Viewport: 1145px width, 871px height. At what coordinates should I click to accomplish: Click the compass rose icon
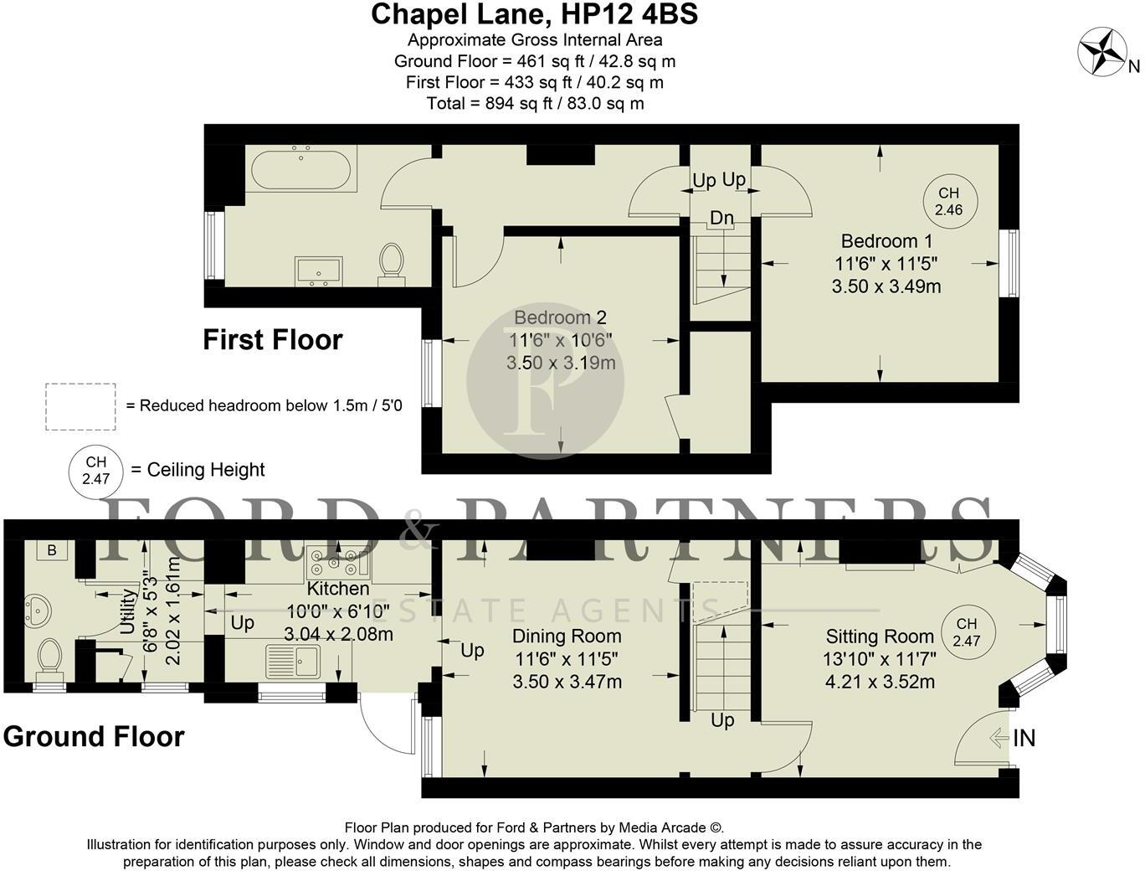(x=1101, y=51)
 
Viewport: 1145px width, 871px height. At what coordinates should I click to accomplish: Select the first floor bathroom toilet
(x=391, y=261)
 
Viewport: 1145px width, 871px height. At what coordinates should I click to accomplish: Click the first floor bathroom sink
(x=319, y=271)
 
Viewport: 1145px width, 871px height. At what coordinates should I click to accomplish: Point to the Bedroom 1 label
(x=880, y=241)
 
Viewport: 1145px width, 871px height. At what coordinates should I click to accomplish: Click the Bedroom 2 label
(x=560, y=318)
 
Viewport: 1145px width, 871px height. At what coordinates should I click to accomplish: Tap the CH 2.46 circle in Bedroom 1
(x=949, y=202)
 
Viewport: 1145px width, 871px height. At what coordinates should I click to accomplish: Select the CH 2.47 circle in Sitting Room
(x=967, y=631)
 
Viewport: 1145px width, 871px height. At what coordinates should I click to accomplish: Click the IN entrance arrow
(x=999, y=738)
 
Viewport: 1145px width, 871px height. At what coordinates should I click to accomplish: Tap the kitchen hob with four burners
(x=338, y=560)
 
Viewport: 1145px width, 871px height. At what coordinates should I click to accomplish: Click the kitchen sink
(x=293, y=661)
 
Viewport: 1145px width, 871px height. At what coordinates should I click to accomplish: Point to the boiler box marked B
(x=52, y=550)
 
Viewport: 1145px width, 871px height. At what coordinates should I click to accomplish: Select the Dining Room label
(x=567, y=636)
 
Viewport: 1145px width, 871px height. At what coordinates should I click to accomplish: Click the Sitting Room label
(x=879, y=636)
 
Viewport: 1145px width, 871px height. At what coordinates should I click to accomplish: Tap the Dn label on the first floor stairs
(x=721, y=219)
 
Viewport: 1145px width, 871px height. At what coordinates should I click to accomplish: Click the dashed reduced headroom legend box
(x=80, y=406)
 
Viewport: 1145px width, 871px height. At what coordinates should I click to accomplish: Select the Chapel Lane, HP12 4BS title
(x=534, y=14)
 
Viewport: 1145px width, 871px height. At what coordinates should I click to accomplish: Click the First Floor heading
(x=273, y=340)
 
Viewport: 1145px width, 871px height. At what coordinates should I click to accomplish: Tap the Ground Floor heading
(x=94, y=737)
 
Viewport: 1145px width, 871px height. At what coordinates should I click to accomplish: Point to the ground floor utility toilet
(x=50, y=656)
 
